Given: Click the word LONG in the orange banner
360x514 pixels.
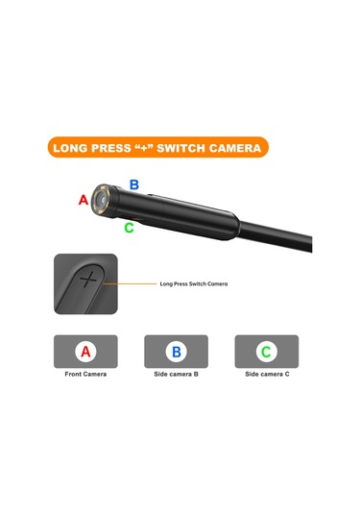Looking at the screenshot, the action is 70,148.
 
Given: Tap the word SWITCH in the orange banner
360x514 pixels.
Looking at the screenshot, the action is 180,148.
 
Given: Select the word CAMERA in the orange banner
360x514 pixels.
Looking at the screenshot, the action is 234,148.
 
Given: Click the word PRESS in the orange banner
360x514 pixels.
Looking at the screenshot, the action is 110,148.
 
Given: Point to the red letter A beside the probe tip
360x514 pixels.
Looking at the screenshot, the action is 84,200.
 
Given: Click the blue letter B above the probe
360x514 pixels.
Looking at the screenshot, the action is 134,184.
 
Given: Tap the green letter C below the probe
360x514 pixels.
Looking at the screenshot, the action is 129,228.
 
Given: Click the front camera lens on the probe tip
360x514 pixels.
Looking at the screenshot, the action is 103,199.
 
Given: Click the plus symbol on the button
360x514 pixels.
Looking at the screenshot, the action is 88,280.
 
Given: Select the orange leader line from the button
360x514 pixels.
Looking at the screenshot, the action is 130,283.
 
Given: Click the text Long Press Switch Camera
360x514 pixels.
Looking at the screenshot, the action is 194,283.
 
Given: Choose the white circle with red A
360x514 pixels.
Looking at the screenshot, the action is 85,352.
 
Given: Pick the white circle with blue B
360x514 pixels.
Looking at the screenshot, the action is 177,352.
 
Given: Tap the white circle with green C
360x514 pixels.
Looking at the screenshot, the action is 267,352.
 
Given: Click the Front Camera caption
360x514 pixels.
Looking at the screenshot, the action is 85,374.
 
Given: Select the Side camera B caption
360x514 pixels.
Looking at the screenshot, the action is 177,374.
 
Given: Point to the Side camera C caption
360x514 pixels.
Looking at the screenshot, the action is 267,374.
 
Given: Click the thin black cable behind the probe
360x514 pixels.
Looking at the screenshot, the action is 276,235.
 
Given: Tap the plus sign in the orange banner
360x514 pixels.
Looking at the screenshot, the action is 145,148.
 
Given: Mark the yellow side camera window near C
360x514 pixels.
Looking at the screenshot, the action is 137,219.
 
